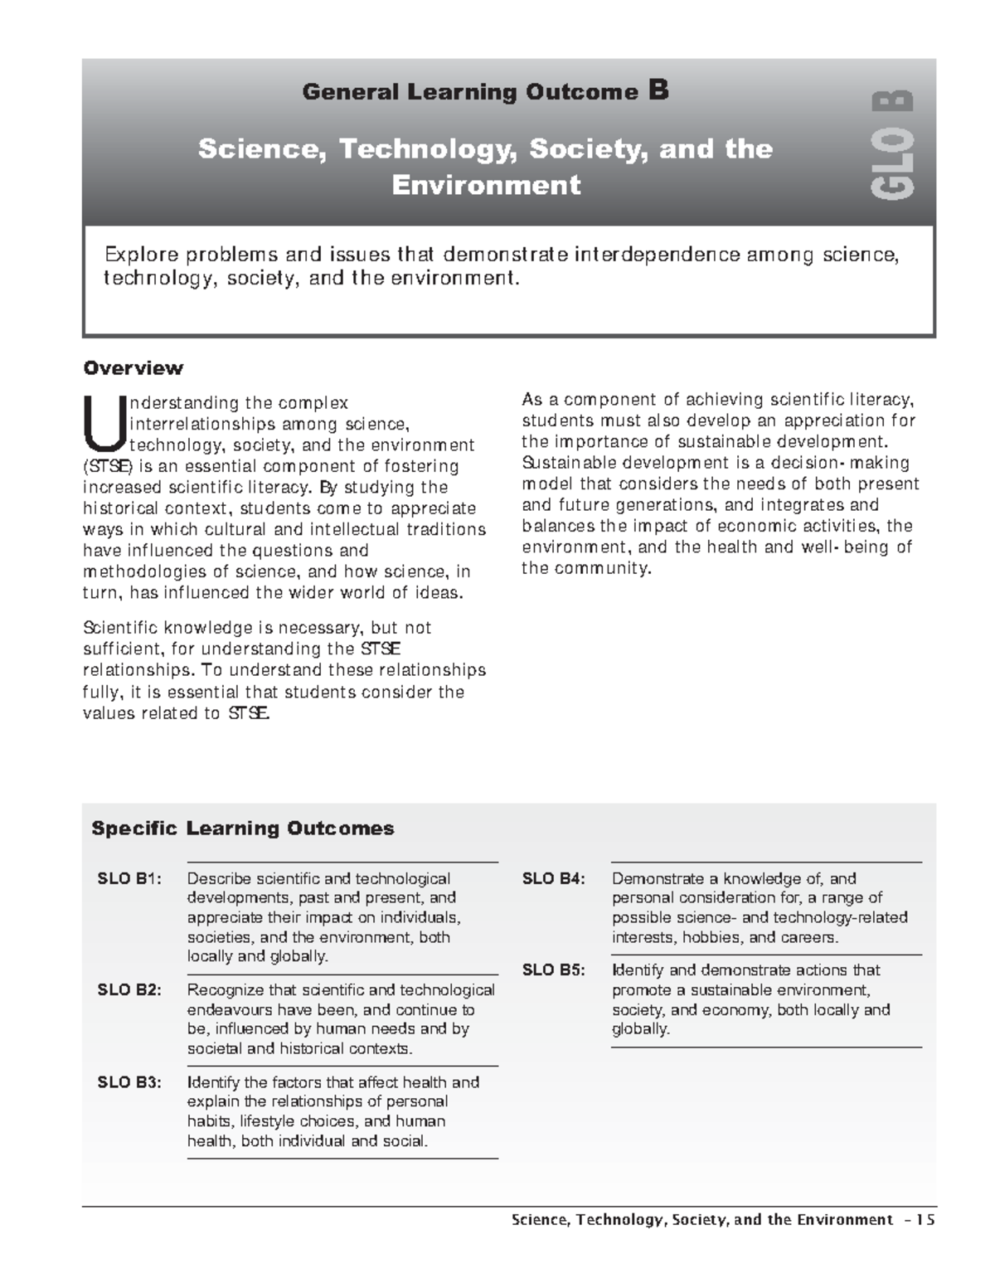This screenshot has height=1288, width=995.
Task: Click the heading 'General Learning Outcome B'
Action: pos(485,91)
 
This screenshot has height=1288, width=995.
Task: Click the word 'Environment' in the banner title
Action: pos(486,184)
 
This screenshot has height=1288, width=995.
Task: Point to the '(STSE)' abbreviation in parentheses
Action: pos(108,466)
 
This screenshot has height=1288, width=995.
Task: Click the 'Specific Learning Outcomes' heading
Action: pos(242,828)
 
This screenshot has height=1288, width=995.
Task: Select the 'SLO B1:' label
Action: pos(130,879)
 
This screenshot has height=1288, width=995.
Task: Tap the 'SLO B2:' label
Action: pos(130,990)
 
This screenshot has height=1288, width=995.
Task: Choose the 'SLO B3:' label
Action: pos(130,1082)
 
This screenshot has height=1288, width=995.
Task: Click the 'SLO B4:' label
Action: pos(554,879)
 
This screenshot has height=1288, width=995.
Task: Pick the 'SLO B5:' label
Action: pos(554,970)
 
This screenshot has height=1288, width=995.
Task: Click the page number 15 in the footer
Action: pos(925,1219)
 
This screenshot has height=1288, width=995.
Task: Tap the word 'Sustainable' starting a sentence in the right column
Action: pos(562,463)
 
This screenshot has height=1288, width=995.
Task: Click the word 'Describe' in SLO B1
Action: pos(219,879)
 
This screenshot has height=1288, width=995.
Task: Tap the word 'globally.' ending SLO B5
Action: pos(640,1029)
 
